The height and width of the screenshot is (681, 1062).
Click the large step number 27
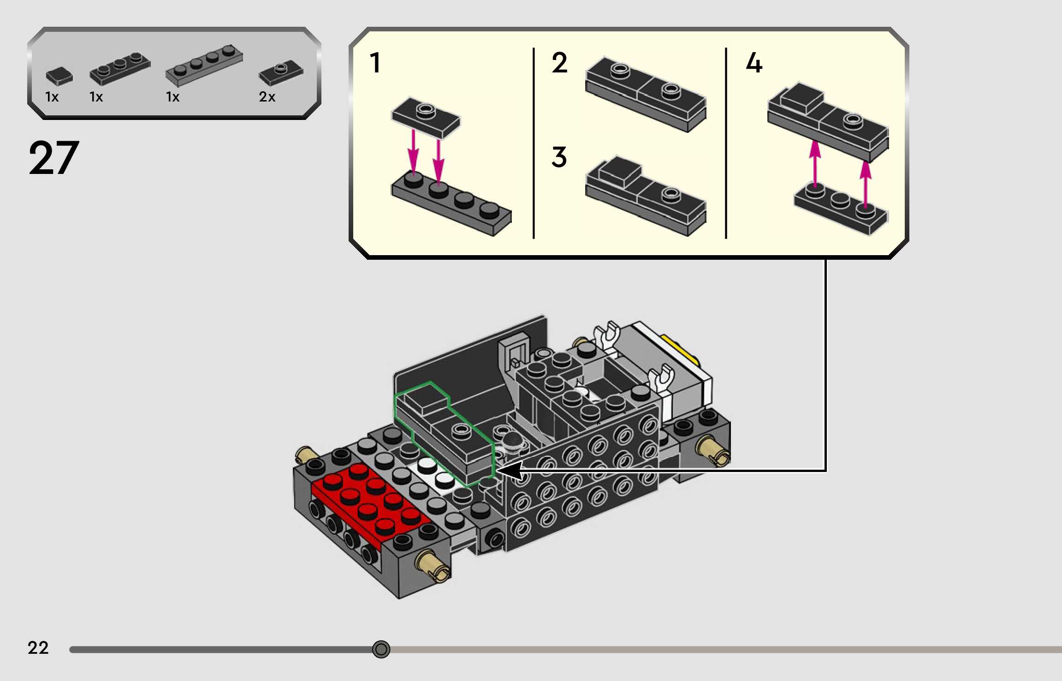click(54, 158)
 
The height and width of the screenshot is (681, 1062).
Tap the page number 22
click(38, 648)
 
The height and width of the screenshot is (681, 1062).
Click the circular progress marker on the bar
click(381, 649)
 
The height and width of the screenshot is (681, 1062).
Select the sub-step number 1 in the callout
click(375, 63)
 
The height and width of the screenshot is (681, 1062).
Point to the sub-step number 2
click(559, 63)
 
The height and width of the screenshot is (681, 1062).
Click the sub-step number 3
click(559, 157)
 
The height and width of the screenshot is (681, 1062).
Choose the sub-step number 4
click(754, 63)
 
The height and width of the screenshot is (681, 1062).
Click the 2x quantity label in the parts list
click(267, 97)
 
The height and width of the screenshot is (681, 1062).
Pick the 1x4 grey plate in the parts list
click(204, 66)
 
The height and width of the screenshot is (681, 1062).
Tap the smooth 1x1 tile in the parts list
click(59, 76)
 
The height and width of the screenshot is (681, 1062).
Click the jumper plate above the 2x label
click(281, 73)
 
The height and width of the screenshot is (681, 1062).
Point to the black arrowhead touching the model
click(510, 471)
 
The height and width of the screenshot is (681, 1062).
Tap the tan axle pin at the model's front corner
click(433, 565)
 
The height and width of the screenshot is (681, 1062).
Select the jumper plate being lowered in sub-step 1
click(426, 117)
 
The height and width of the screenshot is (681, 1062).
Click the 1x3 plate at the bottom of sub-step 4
click(840, 210)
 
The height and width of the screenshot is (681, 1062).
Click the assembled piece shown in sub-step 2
click(646, 95)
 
